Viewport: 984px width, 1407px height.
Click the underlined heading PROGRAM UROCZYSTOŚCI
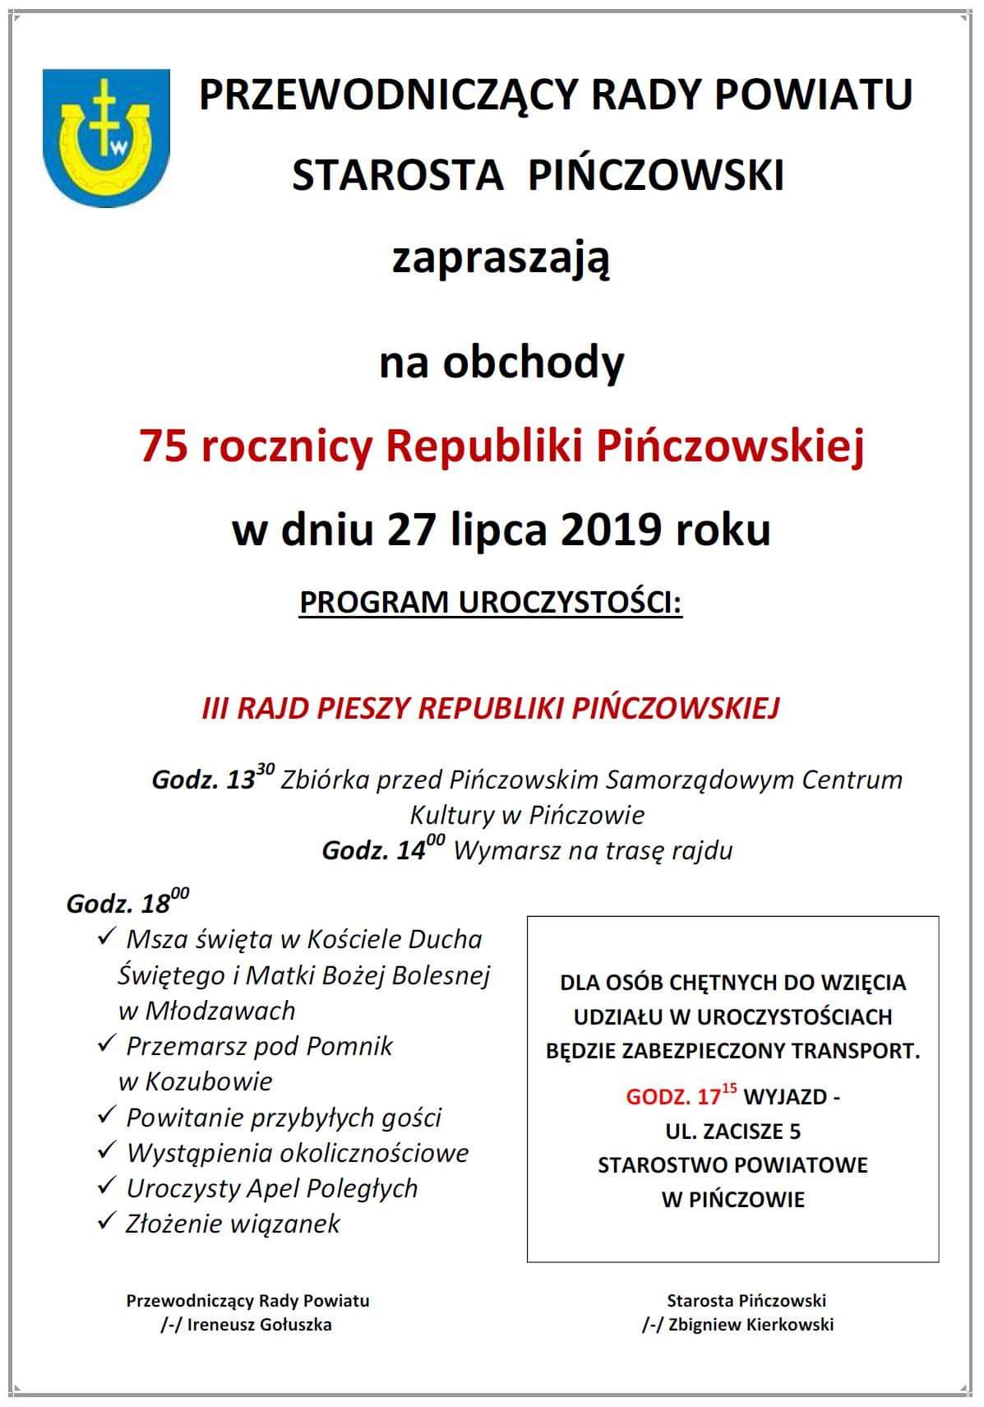click(x=491, y=602)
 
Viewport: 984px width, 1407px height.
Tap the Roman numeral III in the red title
click(x=215, y=708)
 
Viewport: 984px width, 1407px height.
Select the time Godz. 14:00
click(x=383, y=849)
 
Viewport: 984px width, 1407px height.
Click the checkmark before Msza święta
click(x=107, y=937)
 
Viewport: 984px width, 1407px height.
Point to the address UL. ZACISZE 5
click(x=732, y=1132)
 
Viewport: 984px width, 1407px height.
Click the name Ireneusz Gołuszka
click(x=261, y=1324)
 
